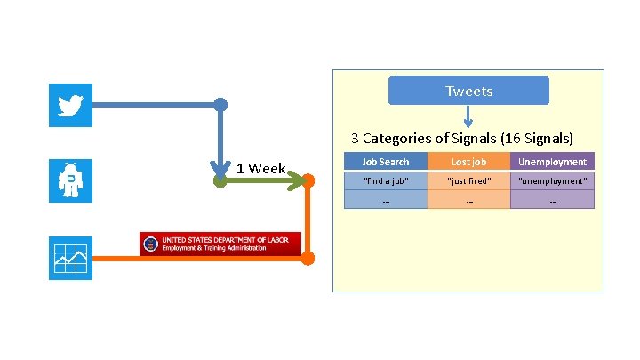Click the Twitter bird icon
(x=70, y=105)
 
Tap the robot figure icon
(x=70, y=180)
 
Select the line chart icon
(x=70, y=258)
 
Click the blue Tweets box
(x=468, y=91)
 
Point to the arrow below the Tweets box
(x=468, y=116)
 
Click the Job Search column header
(x=386, y=162)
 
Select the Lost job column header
(x=468, y=162)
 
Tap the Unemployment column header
(x=552, y=162)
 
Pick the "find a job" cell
(x=386, y=181)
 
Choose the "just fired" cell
(x=468, y=181)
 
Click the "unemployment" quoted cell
(x=552, y=181)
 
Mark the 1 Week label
(x=260, y=168)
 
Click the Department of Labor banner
(x=220, y=244)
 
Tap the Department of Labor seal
(x=150, y=244)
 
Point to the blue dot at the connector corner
(x=220, y=105)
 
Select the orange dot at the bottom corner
(x=308, y=259)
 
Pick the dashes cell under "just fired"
(x=468, y=200)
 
